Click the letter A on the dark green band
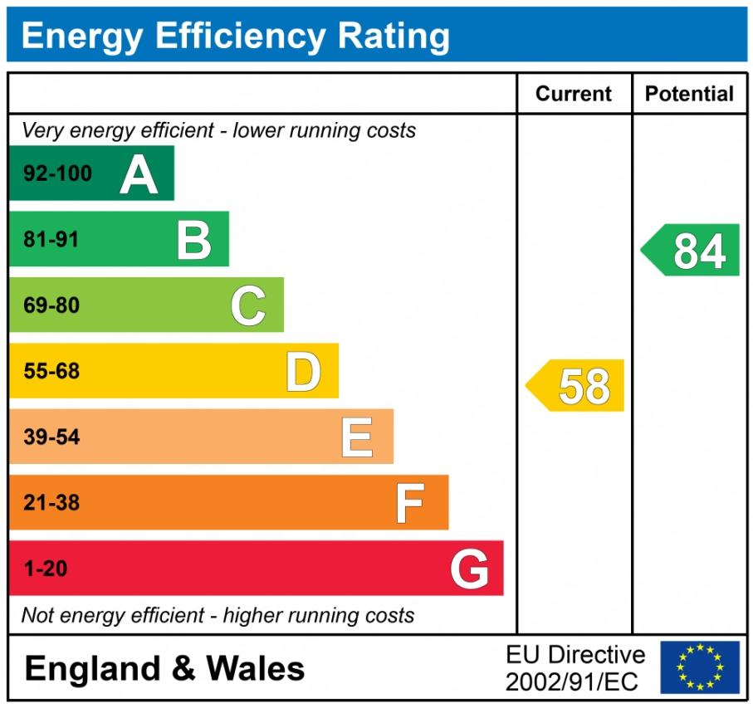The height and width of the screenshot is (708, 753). click(139, 174)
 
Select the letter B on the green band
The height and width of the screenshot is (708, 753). click(194, 240)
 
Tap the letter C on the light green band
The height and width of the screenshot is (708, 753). click(248, 305)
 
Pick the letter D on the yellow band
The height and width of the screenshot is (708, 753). click(303, 371)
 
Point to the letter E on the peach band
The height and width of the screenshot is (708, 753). click(357, 437)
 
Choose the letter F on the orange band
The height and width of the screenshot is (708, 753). click(410, 503)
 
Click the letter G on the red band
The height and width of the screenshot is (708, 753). click(469, 569)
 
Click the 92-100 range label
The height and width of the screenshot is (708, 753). click(58, 174)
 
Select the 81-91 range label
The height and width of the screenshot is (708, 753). click(51, 240)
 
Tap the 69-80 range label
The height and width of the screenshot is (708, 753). click(51, 305)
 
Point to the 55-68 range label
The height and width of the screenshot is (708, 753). click(51, 371)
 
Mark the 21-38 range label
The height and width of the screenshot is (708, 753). click(51, 503)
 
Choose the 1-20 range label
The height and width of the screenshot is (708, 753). click(46, 569)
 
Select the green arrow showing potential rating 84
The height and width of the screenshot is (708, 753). click(692, 250)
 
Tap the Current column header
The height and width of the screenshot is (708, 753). click(574, 94)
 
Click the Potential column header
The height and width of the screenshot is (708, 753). click(689, 94)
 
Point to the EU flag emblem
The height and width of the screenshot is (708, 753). click(700, 667)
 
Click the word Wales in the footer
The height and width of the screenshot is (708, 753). click(255, 668)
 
